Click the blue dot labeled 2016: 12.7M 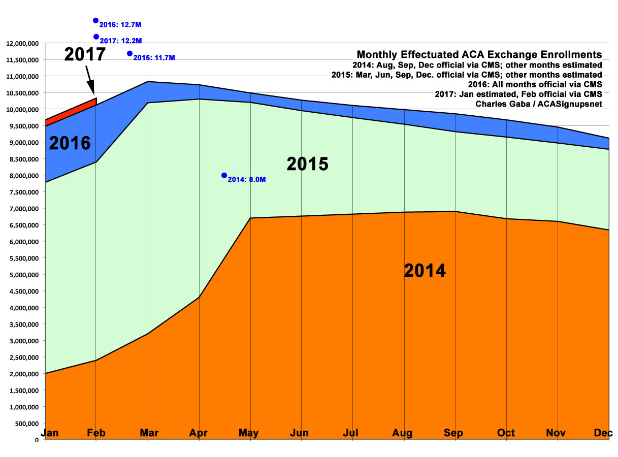point(95,20)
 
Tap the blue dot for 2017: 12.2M point(96,37)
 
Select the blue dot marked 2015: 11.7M point(129,53)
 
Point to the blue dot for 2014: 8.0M point(224,175)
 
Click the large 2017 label point(85,54)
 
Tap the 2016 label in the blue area point(70,143)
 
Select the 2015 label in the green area point(308,164)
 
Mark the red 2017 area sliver point(71,110)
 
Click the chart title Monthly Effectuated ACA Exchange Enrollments point(479,55)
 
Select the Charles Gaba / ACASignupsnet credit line point(539,104)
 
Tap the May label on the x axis point(249,433)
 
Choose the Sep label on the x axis point(453,433)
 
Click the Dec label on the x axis point(603,433)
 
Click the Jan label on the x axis point(50,433)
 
